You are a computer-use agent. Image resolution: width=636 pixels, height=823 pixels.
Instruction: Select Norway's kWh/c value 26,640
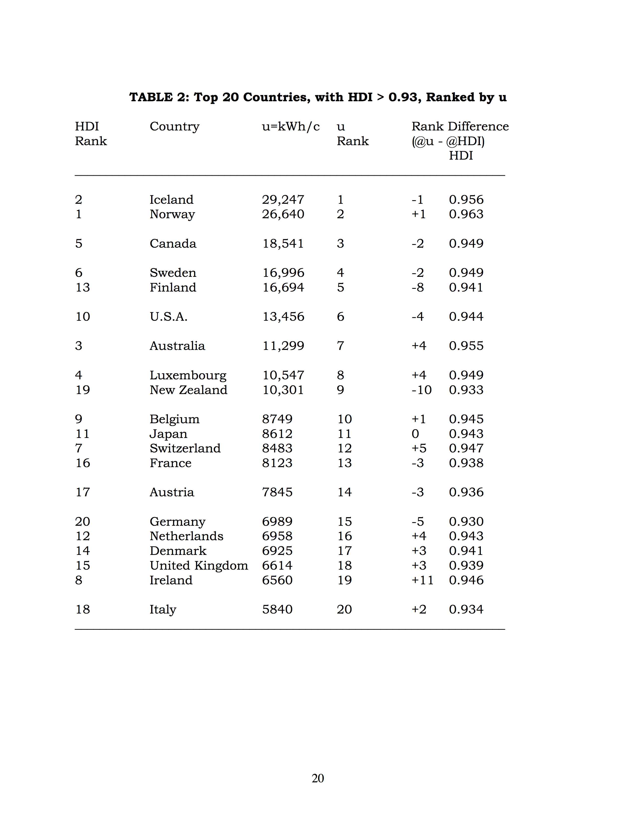283,214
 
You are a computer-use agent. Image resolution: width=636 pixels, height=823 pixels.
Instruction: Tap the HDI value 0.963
466,214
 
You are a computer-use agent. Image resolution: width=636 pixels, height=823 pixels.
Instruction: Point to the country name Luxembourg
188,375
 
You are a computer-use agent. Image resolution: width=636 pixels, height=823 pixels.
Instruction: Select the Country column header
174,127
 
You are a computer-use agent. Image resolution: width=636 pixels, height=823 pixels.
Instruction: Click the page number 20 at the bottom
318,778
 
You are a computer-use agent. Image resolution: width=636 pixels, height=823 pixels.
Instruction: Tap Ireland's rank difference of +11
422,580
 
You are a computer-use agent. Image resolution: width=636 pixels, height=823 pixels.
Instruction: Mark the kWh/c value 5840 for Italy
277,609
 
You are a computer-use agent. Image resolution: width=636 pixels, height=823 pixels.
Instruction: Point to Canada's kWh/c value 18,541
283,243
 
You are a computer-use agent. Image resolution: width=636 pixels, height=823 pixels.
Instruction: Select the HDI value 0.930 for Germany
466,521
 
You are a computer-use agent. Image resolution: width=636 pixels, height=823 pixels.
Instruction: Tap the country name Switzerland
185,448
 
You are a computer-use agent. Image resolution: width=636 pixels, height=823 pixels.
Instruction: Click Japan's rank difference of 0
415,434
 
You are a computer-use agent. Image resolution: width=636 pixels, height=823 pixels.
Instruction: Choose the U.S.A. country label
168,316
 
